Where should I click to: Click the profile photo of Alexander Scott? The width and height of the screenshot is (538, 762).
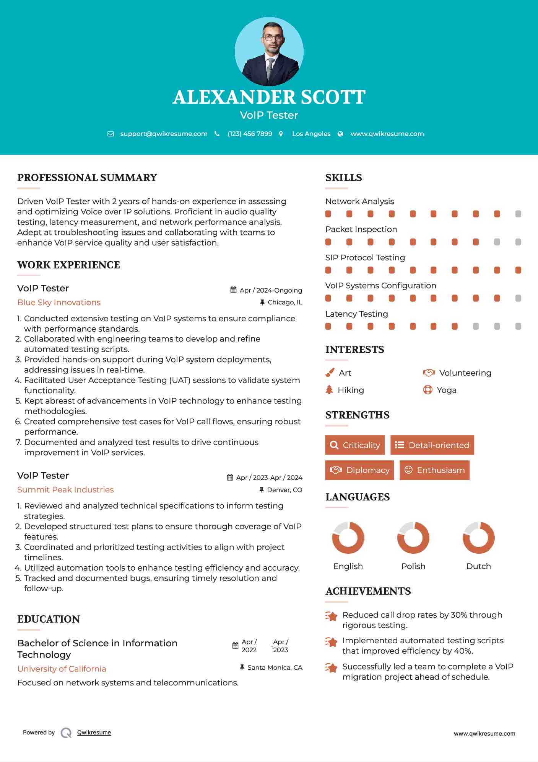click(x=269, y=52)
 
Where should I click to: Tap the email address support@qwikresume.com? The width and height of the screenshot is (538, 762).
click(x=164, y=134)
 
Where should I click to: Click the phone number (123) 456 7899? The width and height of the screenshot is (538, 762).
click(x=250, y=134)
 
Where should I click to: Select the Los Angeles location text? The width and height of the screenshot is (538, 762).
click(x=311, y=134)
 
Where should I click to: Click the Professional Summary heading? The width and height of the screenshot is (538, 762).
click(x=87, y=178)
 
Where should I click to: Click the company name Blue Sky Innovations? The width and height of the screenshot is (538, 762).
click(x=59, y=303)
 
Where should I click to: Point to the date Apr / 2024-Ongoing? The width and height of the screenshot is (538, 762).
click(x=271, y=290)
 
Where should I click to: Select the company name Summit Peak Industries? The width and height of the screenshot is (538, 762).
click(x=65, y=490)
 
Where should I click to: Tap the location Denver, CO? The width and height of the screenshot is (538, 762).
click(x=284, y=490)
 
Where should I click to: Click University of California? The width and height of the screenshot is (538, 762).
click(x=62, y=669)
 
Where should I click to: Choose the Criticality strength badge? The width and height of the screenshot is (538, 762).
click(x=355, y=445)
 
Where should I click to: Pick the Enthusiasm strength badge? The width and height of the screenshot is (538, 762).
click(x=434, y=470)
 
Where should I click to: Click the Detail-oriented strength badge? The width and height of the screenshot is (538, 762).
click(x=432, y=445)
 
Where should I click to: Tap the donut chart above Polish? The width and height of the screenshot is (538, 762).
click(x=413, y=538)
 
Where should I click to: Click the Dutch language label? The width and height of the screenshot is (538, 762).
click(x=478, y=566)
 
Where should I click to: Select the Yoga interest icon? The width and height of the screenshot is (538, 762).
click(x=428, y=390)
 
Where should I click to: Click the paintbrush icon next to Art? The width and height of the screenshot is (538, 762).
click(x=330, y=373)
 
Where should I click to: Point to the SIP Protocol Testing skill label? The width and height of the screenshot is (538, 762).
click(x=365, y=258)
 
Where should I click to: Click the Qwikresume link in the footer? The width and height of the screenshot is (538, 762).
click(x=94, y=733)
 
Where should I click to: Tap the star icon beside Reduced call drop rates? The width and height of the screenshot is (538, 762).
click(x=331, y=616)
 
